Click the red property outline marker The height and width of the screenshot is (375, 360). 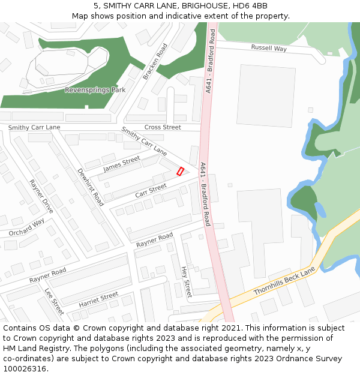(180, 172)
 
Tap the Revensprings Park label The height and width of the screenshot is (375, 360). (95, 90)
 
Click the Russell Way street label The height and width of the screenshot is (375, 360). (269, 48)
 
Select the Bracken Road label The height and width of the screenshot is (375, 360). (155, 62)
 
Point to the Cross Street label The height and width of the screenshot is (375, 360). (163, 127)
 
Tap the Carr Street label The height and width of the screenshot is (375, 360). (151, 191)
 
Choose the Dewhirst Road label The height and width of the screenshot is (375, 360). (91, 187)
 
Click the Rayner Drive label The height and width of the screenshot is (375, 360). (41, 196)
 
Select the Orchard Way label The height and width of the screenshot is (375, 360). (26, 227)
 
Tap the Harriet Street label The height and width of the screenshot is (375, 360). (98, 299)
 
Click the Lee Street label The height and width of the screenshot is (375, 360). (54, 301)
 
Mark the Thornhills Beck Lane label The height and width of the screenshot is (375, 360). (284, 281)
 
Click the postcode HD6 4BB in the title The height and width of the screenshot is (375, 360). (251, 6)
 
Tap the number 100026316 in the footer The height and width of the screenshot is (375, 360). (25, 369)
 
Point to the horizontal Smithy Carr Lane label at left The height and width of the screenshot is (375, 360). (34, 128)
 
